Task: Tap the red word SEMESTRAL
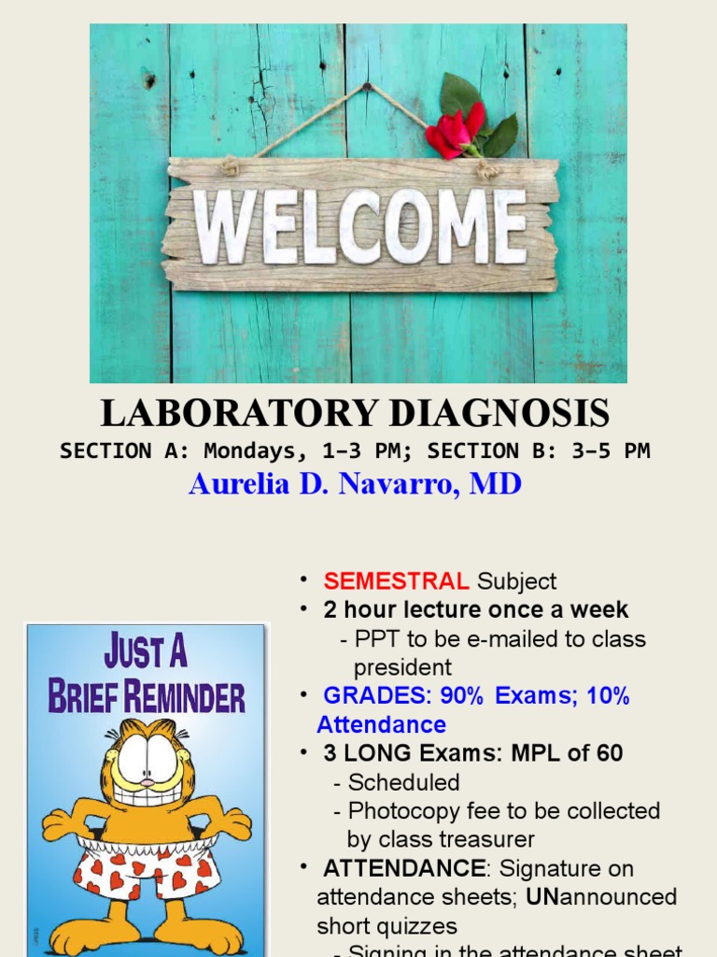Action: pos(396,581)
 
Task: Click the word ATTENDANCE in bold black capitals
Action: pos(404,868)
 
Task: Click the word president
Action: pos(402,667)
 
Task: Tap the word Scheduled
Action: pos(403,782)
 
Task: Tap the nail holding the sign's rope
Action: pos(366,87)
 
